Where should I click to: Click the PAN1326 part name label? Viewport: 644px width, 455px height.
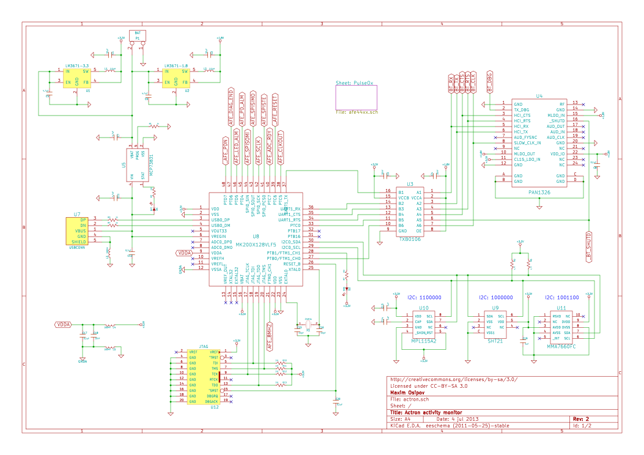(x=539, y=192)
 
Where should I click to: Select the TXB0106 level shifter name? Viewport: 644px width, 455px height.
(x=410, y=240)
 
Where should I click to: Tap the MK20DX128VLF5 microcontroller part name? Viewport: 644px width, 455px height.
(x=256, y=245)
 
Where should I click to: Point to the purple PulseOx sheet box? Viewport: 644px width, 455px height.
(x=356, y=97)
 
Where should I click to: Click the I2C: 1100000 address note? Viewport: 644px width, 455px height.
(x=424, y=298)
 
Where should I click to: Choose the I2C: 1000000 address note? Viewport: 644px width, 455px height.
(x=495, y=298)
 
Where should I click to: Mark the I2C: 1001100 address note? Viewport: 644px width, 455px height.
(x=562, y=298)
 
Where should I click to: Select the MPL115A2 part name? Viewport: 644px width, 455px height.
(x=424, y=341)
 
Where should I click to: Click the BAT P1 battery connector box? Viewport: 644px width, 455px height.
(x=138, y=35)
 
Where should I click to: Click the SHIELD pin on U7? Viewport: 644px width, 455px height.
(x=80, y=242)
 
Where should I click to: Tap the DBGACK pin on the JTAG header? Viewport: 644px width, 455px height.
(x=213, y=401)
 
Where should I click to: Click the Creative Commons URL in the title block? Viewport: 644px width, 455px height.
(x=454, y=379)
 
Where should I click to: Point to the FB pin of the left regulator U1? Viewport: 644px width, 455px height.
(x=86, y=81)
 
